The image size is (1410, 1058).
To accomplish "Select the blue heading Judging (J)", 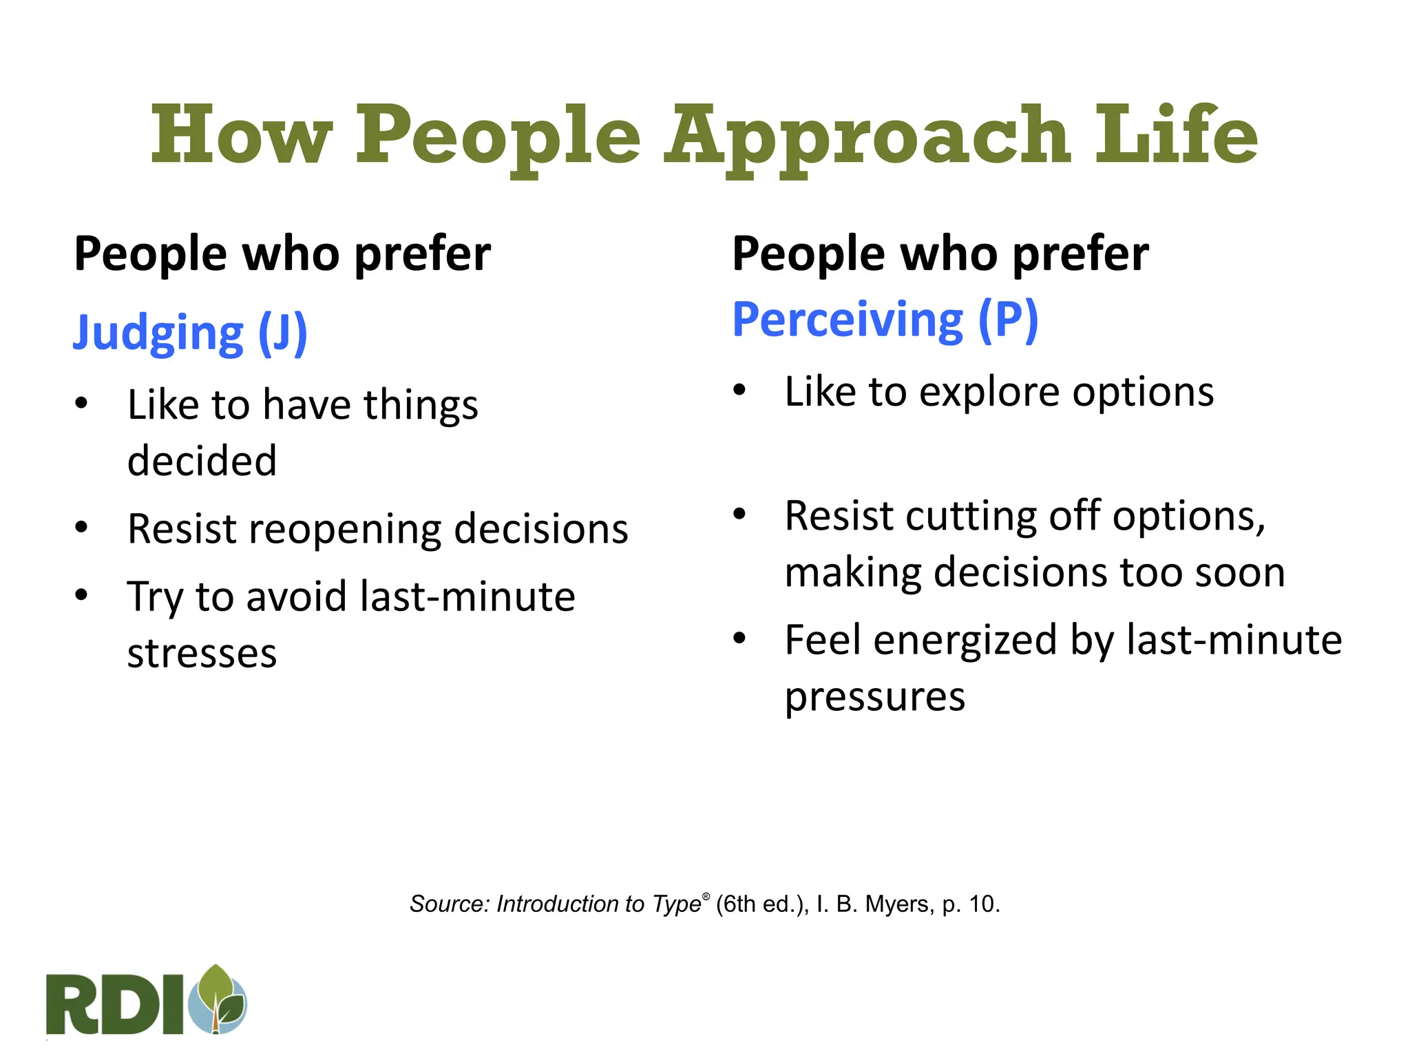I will point(190,333).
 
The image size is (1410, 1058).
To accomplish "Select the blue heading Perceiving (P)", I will point(885,320).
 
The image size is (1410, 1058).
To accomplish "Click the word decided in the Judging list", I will point(202,460).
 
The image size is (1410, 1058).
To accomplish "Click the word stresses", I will point(202,653).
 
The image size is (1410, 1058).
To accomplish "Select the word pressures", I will point(874,698).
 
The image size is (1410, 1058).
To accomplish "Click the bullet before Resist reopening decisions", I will point(82,528).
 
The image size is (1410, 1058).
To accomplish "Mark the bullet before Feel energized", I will point(739,639).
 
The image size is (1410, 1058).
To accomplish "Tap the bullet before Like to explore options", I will point(739,391).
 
